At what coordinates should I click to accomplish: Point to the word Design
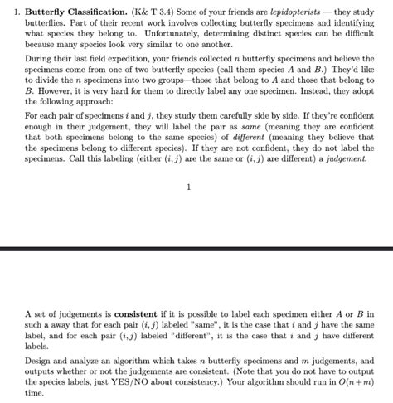39,362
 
